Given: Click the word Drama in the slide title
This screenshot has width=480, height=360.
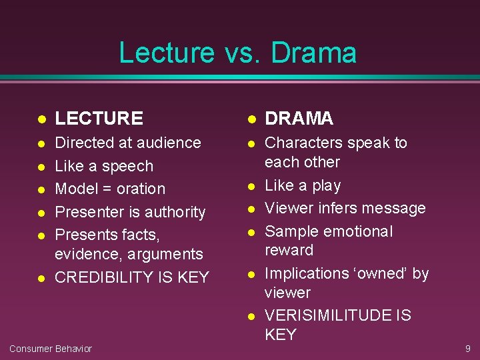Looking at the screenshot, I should tap(314, 53).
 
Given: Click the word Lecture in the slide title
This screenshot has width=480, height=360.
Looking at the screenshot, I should tap(167, 53).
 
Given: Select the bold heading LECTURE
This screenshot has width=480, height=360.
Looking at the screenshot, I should tap(99, 119).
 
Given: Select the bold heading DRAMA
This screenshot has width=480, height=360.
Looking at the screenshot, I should tap(299, 119).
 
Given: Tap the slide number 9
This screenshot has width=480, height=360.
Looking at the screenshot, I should tap(467, 348).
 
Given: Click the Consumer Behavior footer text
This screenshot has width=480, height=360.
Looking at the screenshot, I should tap(51, 349).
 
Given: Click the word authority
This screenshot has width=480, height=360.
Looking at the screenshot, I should tap(175, 212).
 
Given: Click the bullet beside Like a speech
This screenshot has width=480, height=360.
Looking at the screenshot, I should tap(41, 167).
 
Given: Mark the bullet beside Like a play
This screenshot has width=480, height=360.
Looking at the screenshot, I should tap(252, 186).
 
